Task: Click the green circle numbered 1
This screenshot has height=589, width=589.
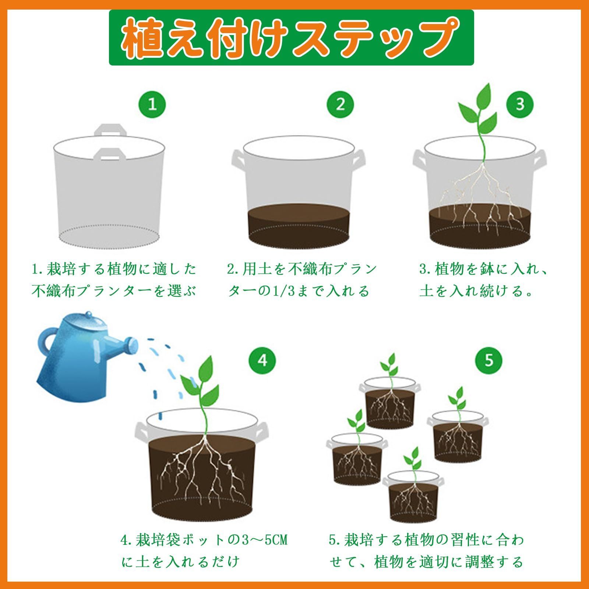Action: click(152, 105)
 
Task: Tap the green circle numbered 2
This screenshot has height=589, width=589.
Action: click(340, 105)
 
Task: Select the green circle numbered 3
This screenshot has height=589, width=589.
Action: click(520, 105)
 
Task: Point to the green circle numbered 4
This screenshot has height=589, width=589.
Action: click(262, 360)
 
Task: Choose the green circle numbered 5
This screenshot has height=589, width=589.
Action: click(489, 360)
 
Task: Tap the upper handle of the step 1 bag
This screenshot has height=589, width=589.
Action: click(109, 130)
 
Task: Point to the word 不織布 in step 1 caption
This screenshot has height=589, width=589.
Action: click(54, 291)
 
